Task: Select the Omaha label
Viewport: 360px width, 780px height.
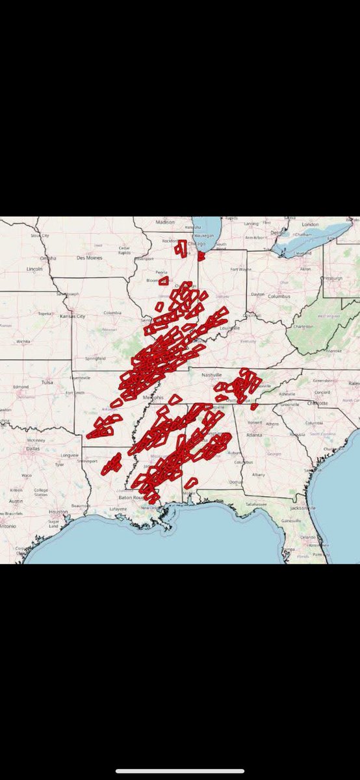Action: (x=48, y=258)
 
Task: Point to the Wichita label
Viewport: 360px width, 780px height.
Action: (x=23, y=340)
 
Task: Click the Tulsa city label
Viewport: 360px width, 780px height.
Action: (x=46, y=382)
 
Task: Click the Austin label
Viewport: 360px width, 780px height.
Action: (x=16, y=500)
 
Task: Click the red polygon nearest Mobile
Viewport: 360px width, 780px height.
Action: (x=190, y=483)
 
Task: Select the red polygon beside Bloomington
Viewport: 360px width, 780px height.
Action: (x=164, y=281)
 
